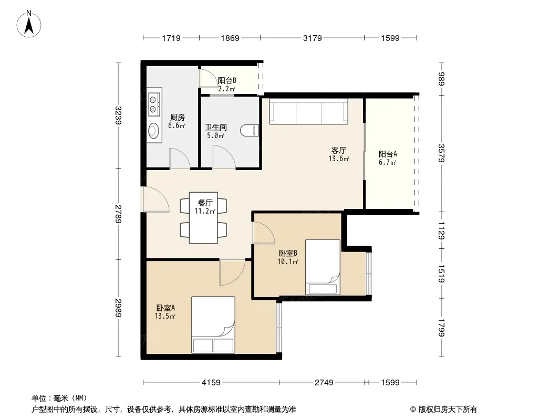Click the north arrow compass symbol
29,24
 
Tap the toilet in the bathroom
250,130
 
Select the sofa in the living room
308,111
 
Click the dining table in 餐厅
203,218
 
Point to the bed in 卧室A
213,325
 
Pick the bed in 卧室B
323,267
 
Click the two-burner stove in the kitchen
154,103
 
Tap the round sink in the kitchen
154,131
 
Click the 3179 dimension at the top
312,38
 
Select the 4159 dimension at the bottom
211,383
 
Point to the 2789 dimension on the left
118,214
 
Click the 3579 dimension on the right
441,153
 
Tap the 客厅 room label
338,150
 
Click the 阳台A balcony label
388,154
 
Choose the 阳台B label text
227,81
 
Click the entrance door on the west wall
156,199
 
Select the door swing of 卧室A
232,272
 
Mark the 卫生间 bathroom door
224,157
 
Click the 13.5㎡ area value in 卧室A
165,316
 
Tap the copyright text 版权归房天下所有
448,409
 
